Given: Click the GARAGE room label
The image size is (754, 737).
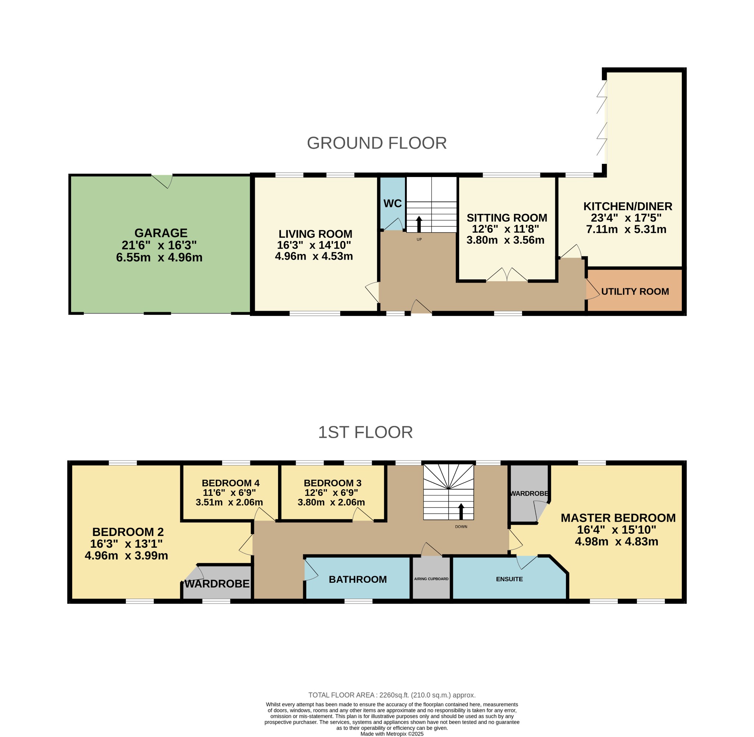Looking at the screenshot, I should pyautogui.click(x=161, y=233).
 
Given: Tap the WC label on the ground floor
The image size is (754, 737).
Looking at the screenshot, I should pyautogui.click(x=392, y=204).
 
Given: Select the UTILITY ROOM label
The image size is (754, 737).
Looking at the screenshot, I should pyautogui.click(x=635, y=292).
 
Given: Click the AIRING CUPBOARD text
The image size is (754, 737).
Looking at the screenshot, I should pyautogui.click(x=431, y=579).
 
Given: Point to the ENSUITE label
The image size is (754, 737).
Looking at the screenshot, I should pyautogui.click(x=509, y=579).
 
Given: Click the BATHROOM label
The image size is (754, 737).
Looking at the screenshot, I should pyautogui.click(x=357, y=579).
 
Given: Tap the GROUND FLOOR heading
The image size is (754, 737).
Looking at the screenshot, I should pyautogui.click(x=376, y=143).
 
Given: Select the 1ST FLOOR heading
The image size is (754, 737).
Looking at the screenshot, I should pyautogui.click(x=365, y=432).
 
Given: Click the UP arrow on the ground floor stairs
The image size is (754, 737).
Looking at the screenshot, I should pyautogui.click(x=419, y=225).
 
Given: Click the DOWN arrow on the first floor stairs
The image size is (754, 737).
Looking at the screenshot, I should pyautogui.click(x=461, y=511).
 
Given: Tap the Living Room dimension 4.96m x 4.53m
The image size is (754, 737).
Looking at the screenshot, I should pyautogui.click(x=314, y=256).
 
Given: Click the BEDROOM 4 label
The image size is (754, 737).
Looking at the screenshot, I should pyautogui.click(x=230, y=483).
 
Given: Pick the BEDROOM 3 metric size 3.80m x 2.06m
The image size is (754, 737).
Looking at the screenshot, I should pyautogui.click(x=331, y=503).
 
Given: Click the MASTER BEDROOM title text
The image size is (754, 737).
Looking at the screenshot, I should pyautogui.click(x=618, y=518).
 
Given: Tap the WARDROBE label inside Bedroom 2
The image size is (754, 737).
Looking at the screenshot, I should pyautogui.click(x=217, y=584).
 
